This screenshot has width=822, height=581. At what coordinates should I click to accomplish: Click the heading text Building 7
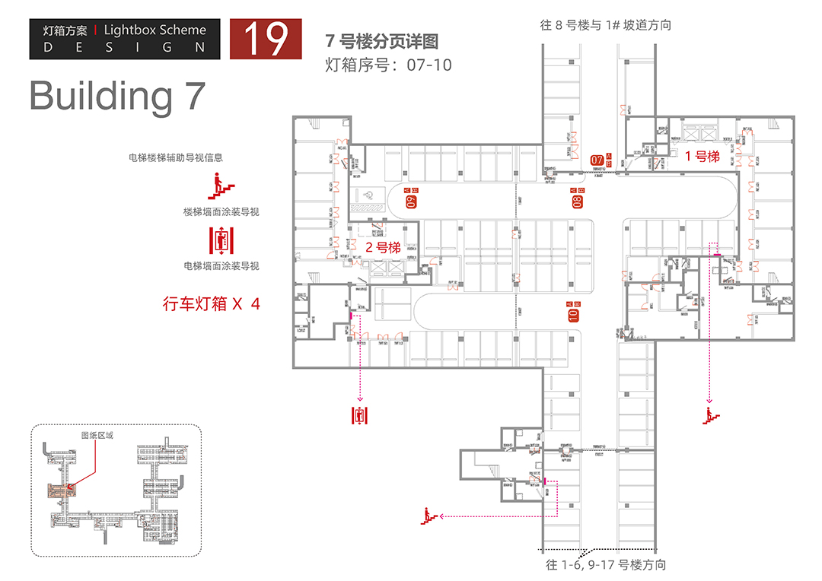coord(117,96)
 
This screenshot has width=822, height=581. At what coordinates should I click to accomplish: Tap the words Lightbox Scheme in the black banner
coord(155,30)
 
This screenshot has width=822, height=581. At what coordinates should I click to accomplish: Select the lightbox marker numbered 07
coord(598,160)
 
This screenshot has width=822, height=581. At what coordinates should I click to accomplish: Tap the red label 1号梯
coord(702,157)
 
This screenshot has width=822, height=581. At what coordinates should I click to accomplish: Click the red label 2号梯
coord(383,247)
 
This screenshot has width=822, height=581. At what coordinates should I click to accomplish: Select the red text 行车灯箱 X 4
coord(212,303)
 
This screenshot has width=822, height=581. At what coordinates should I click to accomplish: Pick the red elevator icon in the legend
coord(221,239)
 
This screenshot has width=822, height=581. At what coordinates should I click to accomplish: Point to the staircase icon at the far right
coord(712,415)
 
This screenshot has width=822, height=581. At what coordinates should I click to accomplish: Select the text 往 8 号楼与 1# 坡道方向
coord(606,25)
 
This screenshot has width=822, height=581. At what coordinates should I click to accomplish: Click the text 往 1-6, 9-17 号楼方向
coord(606,565)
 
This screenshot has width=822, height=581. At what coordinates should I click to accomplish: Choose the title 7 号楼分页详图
coord(381,41)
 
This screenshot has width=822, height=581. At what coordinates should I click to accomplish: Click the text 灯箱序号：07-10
coord(388,65)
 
